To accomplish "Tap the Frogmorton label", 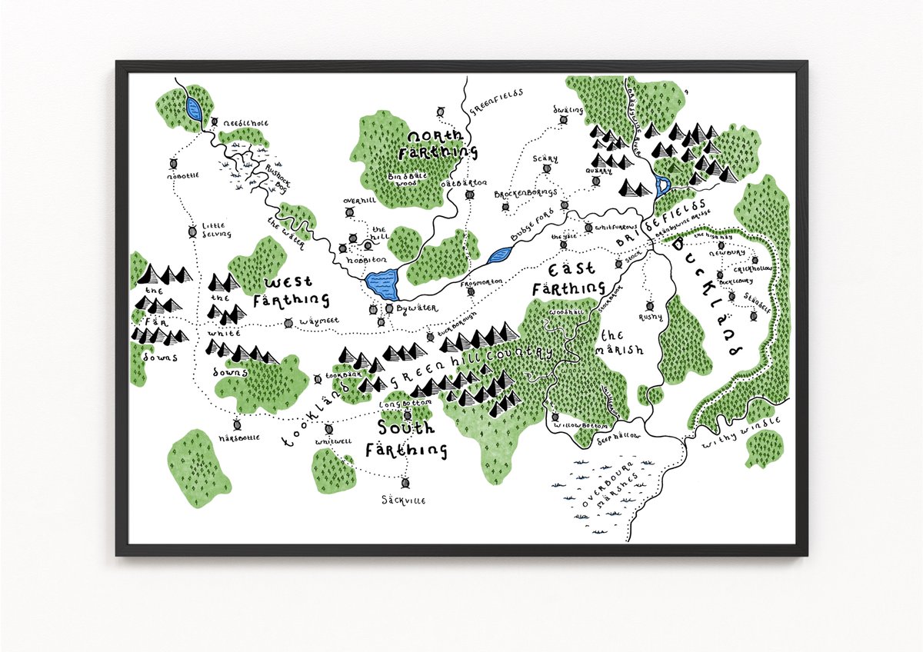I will click(481, 282).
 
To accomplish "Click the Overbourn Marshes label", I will click(608, 492).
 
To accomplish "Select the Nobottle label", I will click(182, 175).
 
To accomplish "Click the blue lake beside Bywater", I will click(383, 284).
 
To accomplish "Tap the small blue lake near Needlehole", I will click(193, 110).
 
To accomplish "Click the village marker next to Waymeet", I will click(288, 324).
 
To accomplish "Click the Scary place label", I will click(545, 158).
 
